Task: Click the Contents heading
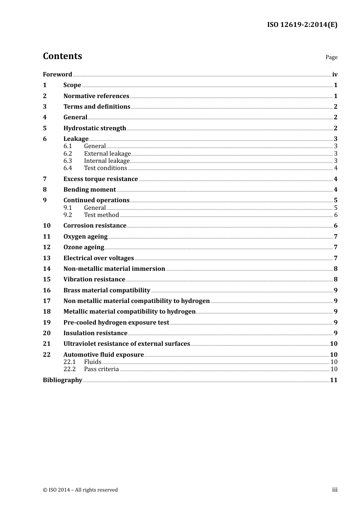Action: point(62,56)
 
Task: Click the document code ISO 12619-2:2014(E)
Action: point(302,25)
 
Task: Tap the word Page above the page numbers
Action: point(331,57)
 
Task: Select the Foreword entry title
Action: point(57,74)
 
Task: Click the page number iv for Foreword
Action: point(335,75)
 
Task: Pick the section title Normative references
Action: point(96,96)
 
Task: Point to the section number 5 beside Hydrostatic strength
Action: point(45,128)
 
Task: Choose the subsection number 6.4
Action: point(67,168)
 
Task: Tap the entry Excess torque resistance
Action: point(100,179)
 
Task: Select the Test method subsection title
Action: point(101,215)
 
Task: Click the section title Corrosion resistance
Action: point(95,225)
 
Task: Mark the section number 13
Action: point(47,258)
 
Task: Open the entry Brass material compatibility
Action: point(106,290)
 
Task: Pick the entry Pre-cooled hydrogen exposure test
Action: point(116,322)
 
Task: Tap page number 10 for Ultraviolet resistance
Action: point(333,343)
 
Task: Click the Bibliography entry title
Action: point(63,380)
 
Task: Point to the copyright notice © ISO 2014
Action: point(80,490)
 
